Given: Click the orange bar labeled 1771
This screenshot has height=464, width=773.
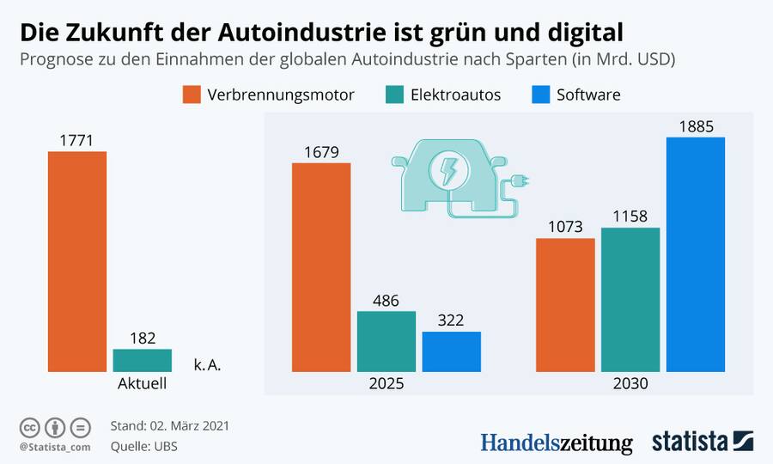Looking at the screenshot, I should (x=77, y=261).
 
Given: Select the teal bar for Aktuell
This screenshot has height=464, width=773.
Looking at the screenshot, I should (x=143, y=360).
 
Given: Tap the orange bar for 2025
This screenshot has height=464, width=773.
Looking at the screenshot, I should (x=321, y=267).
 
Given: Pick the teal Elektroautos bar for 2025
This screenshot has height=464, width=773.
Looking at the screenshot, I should (x=386, y=341).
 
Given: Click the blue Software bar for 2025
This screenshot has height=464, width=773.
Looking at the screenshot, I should (x=452, y=351).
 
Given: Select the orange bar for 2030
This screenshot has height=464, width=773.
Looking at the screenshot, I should (x=565, y=305).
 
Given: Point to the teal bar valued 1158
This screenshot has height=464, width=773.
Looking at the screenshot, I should (x=630, y=300).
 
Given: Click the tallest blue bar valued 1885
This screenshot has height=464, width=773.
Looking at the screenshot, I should (x=696, y=254).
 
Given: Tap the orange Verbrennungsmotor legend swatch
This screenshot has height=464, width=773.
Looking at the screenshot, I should (x=191, y=95).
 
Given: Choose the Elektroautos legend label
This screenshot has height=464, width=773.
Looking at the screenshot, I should (x=456, y=95).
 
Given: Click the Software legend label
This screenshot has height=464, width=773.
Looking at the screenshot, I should (x=588, y=95).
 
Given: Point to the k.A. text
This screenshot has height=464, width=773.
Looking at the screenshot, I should (x=208, y=365).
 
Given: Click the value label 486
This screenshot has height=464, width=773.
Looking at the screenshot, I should (x=386, y=301).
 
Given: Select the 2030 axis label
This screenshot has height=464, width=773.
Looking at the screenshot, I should (x=630, y=384).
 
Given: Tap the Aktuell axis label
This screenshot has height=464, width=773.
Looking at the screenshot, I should (x=143, y=384).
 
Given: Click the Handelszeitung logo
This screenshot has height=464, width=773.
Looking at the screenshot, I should (x=556, y=443).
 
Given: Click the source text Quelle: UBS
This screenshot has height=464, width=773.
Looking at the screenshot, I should (x=144, y=447).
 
